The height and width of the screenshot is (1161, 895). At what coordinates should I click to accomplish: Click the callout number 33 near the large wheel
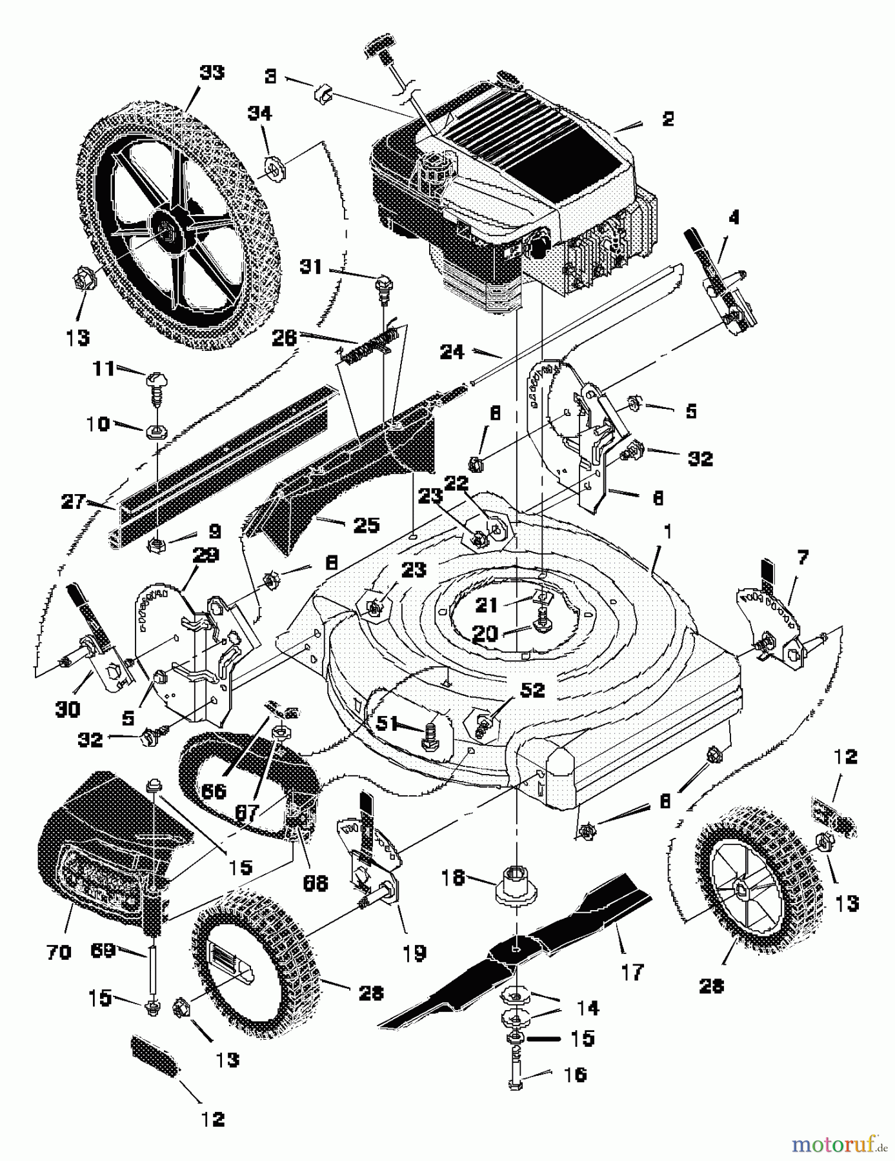(x=212, y=72)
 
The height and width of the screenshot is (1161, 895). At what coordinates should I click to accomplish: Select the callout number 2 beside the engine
(x=668, y=119)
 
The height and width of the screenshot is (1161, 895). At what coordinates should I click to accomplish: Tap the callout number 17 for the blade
(x=632, y=971)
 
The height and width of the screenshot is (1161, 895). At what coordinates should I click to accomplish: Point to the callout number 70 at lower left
(x=59, y=951)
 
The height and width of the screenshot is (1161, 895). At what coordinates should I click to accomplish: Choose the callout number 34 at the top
(x=260, y=114)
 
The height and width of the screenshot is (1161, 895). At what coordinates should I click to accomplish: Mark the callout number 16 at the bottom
(x=576, y=1074)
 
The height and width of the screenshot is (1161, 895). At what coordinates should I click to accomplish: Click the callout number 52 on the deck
(x=532, y=690)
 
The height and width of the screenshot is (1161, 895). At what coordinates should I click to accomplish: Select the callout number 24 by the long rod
(x=452, y=352)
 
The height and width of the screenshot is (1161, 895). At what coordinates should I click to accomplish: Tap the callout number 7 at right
(x=802, y=557)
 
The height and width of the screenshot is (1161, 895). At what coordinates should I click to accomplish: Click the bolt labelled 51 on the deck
(x=429, y=735)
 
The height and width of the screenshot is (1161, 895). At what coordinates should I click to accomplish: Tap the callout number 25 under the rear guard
(x=365, y=524)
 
